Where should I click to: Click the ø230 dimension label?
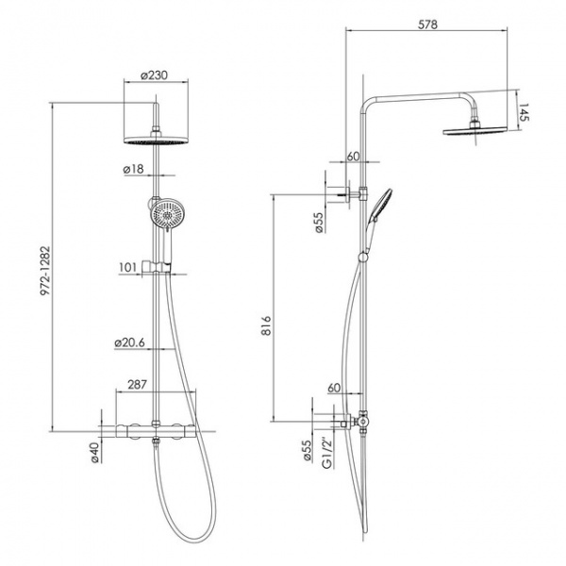[154, 75]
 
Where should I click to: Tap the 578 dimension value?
[427, 25]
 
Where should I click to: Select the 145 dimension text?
[524, 112]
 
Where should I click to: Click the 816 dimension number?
[266, 325]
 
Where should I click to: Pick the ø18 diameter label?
[134, 169]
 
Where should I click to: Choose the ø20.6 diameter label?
[130, 342]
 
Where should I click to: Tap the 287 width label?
[138, 384]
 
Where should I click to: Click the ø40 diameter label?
[93, 453]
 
